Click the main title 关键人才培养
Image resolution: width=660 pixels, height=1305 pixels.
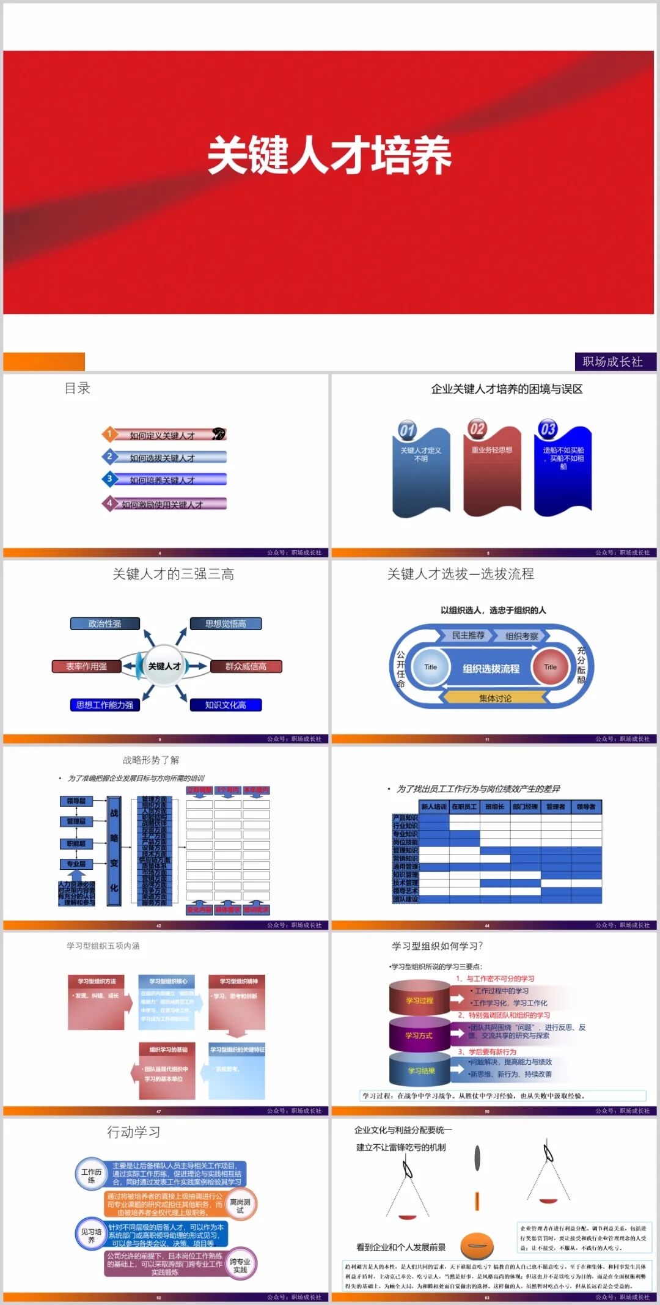329,155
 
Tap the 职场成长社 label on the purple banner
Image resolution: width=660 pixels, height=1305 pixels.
613,361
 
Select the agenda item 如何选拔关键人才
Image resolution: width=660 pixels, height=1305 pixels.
163,458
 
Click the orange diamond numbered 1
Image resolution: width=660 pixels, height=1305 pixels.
109,434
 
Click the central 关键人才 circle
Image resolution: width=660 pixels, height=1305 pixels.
164,666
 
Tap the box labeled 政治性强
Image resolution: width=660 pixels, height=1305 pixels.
105,623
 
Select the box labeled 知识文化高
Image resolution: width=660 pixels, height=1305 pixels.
226,705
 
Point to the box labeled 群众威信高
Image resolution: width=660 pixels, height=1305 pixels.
246,666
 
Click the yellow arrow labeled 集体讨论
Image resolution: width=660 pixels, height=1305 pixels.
495,698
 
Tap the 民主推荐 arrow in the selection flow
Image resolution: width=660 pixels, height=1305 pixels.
468,636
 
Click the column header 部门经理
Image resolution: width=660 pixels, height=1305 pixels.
525,807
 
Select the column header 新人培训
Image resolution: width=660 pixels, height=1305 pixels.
434,807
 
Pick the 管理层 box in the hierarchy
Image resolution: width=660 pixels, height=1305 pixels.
76,822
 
